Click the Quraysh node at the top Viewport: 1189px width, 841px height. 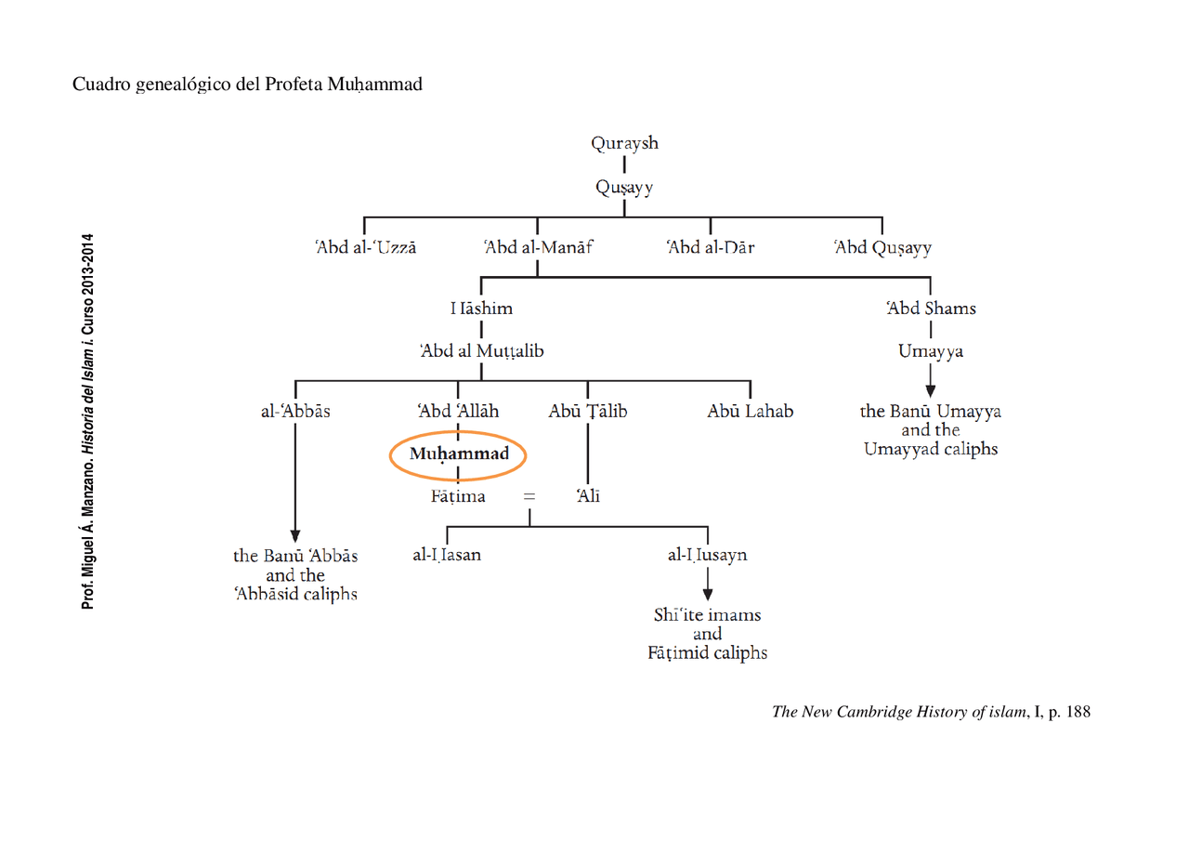pos(624,143)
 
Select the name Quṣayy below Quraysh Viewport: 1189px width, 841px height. pos(624,188)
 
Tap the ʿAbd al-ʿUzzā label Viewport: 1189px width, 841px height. pos(365,248)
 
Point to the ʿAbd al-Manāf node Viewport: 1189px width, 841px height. pos(538,248)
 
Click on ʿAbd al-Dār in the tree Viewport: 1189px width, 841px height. pos(710,248)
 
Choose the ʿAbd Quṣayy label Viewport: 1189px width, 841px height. pos(882,248)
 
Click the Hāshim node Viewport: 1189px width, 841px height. pos(481,308)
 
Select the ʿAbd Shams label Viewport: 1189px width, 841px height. pos(930,308)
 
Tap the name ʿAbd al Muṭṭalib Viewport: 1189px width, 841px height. pos(481,351)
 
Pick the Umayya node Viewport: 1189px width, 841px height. pos(930,351)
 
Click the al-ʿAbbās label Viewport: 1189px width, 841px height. pos(295,411)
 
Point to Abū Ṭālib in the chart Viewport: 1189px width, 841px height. pos(587,411)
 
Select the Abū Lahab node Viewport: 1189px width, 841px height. pos(750,411)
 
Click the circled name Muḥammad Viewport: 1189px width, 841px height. pos(459,454)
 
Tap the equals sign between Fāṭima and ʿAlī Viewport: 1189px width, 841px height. pos(529,497)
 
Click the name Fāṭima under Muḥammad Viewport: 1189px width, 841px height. pos(457,496)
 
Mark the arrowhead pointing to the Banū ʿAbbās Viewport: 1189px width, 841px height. pos(295,535)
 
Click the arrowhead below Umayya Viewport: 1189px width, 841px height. pos(930,390)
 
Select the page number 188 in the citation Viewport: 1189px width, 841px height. pos(1078,713)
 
